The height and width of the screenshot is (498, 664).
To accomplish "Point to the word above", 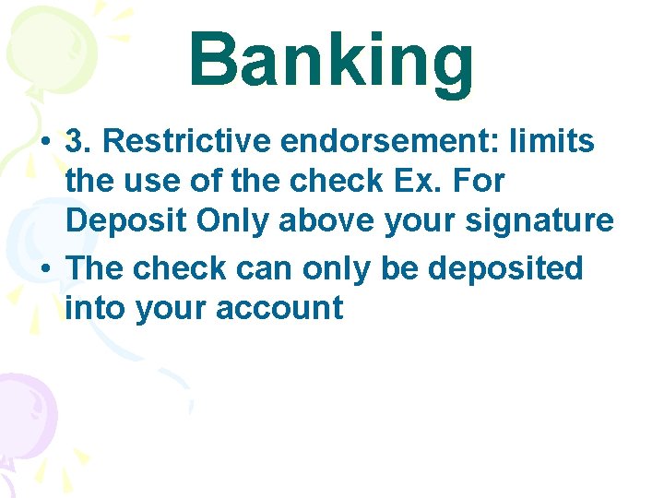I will pyautogui.click(x=318, y=221).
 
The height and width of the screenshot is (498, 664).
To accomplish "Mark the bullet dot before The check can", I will pyautogui.click(x=44, y=269).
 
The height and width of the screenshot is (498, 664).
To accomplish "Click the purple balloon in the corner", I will pyautogui.click(x=26, y=410).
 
